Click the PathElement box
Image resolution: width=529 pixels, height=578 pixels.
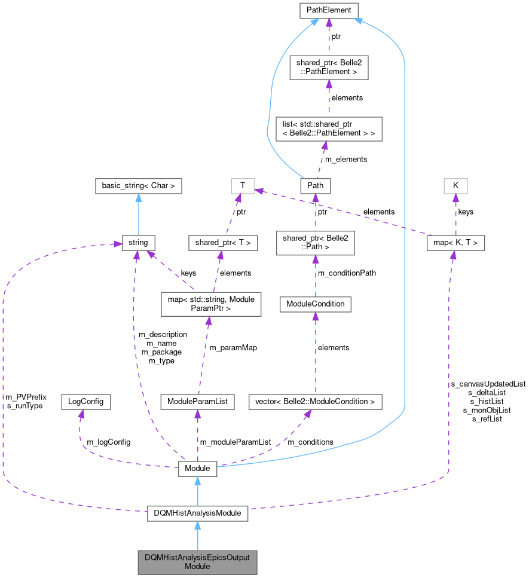click(x=328, y=10)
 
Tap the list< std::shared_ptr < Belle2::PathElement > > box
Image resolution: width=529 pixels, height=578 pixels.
click(x=328, y=129)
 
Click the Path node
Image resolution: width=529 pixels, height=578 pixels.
click(x=315, y=185)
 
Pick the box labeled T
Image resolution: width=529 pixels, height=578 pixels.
click(x=243, y=185)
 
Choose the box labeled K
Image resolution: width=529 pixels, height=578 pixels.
click(x=455, y=185)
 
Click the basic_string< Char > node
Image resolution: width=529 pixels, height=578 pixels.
click(x=138, y=186)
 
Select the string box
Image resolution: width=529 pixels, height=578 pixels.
click(x=138, y=243)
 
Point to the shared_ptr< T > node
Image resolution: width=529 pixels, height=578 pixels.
click(x=223, y=243)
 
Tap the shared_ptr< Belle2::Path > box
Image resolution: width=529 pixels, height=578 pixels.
click(x=315, y=243)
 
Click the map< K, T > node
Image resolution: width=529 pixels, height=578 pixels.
click(x=455, y=243)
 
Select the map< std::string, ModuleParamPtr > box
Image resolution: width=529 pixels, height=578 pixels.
click(x=210, y=304)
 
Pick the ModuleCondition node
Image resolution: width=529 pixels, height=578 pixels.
click(x=315, y=304)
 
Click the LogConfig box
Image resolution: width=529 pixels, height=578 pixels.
click(x=85, y=402)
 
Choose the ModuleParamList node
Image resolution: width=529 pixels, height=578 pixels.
click(x=197, y=402)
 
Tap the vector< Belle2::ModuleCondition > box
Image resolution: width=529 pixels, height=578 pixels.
click(x=315, y=402)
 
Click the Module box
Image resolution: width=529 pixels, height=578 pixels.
click(x=197, y=469)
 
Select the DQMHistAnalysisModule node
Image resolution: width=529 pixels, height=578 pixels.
click(x=197, y=513)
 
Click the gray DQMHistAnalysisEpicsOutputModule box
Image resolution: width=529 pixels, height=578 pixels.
click(x=197, y=562)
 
